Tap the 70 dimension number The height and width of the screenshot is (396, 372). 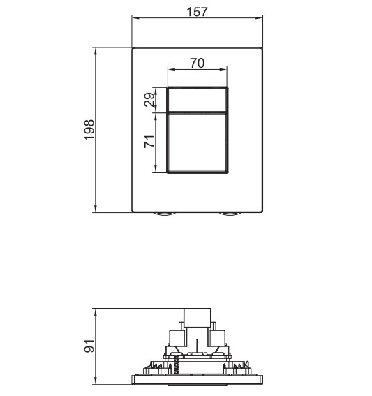197,64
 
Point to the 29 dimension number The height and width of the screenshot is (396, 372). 149,100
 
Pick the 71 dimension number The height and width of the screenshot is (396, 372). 149,142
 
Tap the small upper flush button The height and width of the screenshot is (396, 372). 197,100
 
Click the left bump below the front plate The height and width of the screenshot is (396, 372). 165,214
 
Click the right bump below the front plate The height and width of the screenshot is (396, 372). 229,214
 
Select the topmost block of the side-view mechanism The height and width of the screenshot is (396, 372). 198,318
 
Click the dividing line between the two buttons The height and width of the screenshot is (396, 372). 197,112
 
